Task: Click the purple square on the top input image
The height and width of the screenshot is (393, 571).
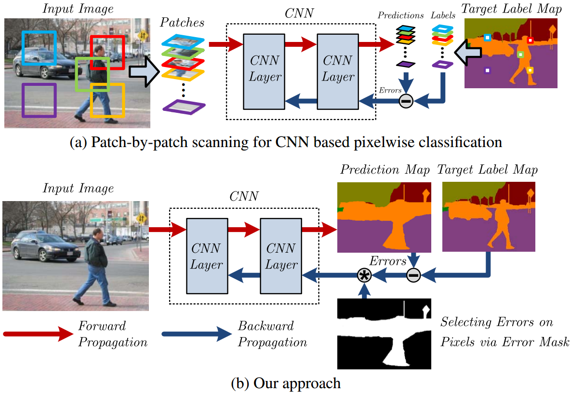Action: tap(39, 100)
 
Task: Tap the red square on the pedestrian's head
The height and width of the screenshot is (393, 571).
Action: tap(108, 52)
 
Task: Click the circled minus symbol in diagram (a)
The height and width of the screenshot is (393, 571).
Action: tap(406, 101)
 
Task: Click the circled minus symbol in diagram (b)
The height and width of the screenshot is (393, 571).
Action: tap(413, 276)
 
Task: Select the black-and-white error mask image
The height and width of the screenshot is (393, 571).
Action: tap(384, 333)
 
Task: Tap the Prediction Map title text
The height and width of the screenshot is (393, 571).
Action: tap(385, 170)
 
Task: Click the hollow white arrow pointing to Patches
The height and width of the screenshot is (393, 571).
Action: tap(145, 71)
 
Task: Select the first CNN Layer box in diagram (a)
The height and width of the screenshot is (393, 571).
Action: tap(265, 68)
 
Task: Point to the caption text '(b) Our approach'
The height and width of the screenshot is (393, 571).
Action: tap(286, 383)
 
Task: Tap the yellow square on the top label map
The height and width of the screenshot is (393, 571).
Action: tap(530, 70)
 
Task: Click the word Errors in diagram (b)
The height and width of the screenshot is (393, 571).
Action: tap(387, 261)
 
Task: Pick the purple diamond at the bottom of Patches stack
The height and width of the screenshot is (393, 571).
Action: tap(184, 107)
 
